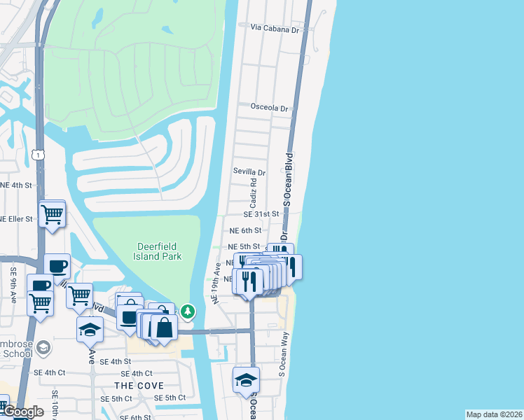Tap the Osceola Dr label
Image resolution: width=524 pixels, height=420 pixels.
270,108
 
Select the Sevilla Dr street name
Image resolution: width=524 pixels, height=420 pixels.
249,172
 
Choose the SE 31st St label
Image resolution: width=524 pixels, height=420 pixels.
261,214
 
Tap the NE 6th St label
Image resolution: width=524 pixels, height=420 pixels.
245,230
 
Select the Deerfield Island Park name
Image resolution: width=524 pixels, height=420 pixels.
158,251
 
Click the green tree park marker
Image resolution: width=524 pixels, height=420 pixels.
188,311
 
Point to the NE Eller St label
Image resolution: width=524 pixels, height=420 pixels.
15,219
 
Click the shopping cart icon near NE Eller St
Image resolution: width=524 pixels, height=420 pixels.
52,215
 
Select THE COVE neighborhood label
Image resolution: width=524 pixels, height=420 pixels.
139,386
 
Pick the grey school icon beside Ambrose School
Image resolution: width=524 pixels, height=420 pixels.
43,348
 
